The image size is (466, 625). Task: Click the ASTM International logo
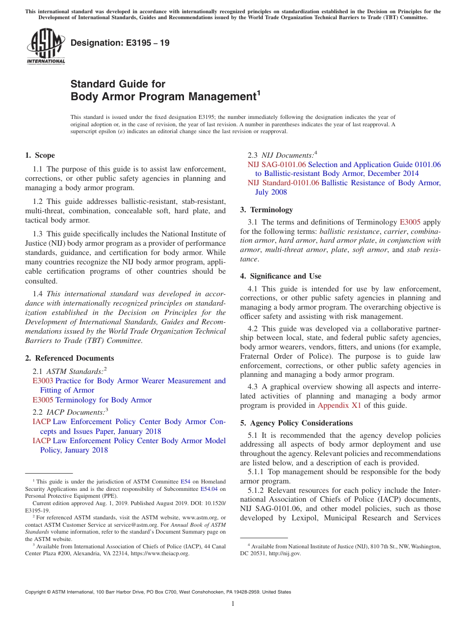pyautogui.click(x=45, y=46)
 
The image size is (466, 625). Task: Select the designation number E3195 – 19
pyautogui.click(x=120, y=43)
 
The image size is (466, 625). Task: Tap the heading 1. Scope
pyautogui.click(x=40, y=155)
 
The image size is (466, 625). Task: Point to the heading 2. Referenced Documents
pyautogui.click(x=69, y=358)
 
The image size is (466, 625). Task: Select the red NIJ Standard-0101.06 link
pyautogui.click(x=284, y=183)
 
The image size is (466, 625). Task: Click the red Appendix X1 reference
pyautogui.click(x=337, y=405)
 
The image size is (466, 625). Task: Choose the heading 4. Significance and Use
pyautogui.click(x=281, y=276)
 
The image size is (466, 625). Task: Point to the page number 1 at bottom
pyautogui.click(x=233, y=604)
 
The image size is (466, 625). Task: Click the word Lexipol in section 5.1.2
pyautogui.click(x=302, y=518)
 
